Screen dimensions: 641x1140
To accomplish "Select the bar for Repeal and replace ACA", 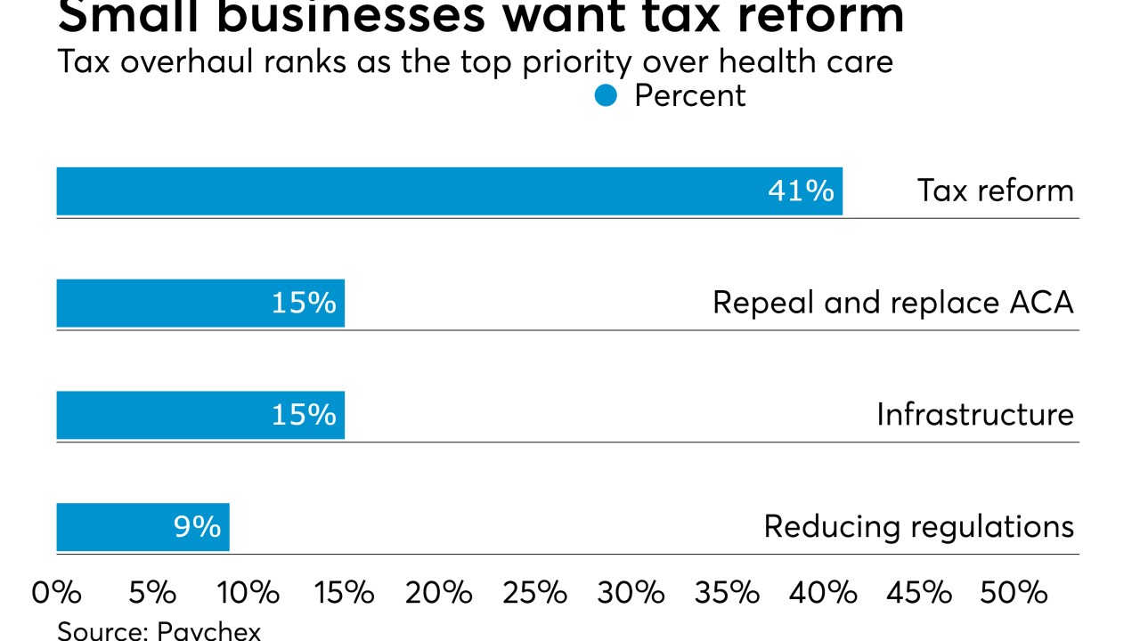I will pos(200,304).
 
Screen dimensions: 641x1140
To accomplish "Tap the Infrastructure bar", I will pos(200,416).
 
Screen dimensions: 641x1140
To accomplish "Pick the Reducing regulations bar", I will pos(142,527).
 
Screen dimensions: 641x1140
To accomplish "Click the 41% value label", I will pos(801,191).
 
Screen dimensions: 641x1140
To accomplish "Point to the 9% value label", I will pos(197,527).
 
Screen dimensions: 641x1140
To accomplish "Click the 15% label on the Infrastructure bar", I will pos(304,416).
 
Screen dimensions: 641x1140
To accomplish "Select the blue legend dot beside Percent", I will pos(606,96).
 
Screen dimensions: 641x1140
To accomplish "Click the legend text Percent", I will pos(689,96).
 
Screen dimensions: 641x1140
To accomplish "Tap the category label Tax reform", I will pos(995,191).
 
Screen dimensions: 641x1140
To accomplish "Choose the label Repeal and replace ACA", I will pos(892,304).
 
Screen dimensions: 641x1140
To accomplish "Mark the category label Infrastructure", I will pos(974,416).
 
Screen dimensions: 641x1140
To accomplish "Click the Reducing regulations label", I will pos(918,527).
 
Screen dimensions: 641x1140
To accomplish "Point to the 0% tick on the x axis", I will pos(57,593).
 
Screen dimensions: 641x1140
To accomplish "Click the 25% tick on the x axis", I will pos(534,593).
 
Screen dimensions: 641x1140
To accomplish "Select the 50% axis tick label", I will pos(1014,593).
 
